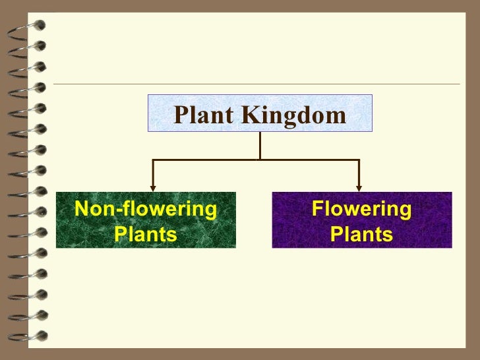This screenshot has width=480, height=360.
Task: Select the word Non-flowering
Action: pos(146,209)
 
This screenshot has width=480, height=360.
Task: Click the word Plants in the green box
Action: pos(146,234)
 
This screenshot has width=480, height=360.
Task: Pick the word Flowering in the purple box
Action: pos(361,209)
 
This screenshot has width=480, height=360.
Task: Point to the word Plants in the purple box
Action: pos(361,234)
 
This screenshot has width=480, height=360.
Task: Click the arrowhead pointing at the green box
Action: pos(153,187)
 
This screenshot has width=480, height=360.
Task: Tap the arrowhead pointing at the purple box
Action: pos(359,187)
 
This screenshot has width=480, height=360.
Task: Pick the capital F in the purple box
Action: pos(317,209)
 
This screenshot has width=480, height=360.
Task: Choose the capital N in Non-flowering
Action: pos(82,209)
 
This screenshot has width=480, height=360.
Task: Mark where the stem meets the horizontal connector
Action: pos(260,160)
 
